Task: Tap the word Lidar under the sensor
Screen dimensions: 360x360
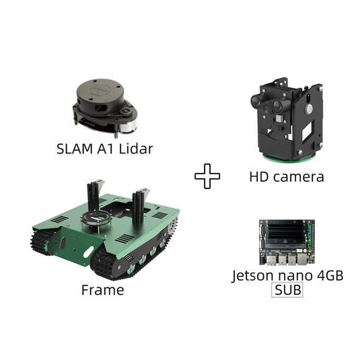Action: [136, 149]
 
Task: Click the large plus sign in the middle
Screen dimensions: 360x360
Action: [207, 176]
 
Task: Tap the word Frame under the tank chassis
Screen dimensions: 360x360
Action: [103, 290]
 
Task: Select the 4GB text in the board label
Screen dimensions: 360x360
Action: [330, 275]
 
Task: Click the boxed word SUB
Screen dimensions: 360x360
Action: [287, 290]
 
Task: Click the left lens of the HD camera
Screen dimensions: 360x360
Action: [256, 100]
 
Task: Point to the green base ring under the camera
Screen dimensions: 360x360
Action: [290, 159]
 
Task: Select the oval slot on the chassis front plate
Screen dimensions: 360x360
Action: [88, 252]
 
